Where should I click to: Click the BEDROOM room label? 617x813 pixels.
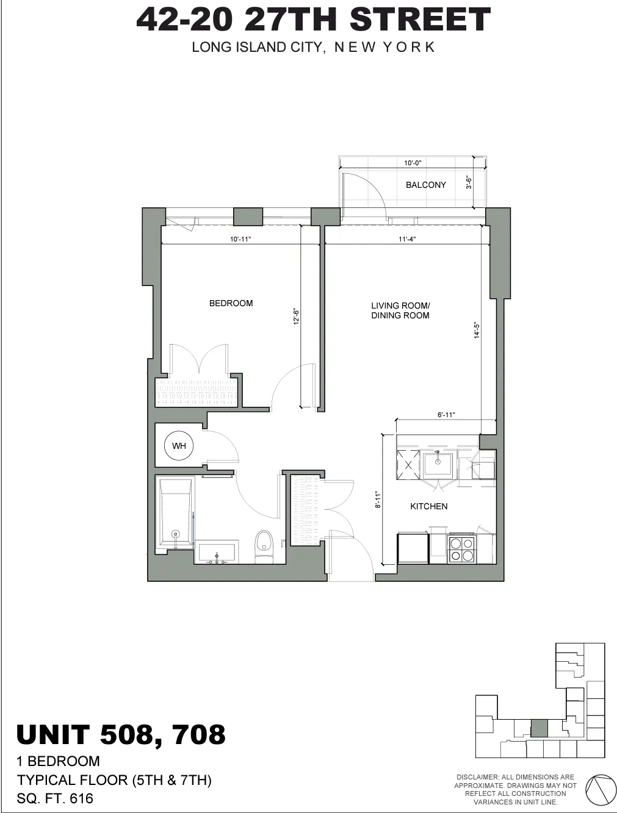pyautogui.click(x=231, y=303)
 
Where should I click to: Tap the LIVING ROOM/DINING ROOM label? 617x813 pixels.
pyautogui.click(x=400, y=310)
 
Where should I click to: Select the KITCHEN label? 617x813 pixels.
pyautogui.click(x=428, y=506)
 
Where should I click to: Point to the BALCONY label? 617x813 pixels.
pyautogui.click(x=425, y=185)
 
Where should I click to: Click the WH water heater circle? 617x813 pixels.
pyautogui.click(x=179, y=446)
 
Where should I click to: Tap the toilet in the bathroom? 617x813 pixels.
pyautogui.click(x=264, y=542)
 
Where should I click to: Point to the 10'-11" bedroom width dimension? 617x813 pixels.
pyautogui.click(x=240, y=240)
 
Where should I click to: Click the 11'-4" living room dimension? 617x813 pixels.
pyautogui.click(x=407, y=240)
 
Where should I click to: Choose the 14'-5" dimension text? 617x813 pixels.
pyautogui.click(x=477, y=331)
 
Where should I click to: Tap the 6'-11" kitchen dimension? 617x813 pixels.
pyautogui.click(x=446, y=415)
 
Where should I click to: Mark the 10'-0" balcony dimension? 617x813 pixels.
pyautogui.click(x=413, y=163)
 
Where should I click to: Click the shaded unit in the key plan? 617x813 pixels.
pyautogui.click(x=538, y=728)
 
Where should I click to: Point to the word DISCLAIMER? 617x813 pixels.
pyautogui.click(x=477, y=777)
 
